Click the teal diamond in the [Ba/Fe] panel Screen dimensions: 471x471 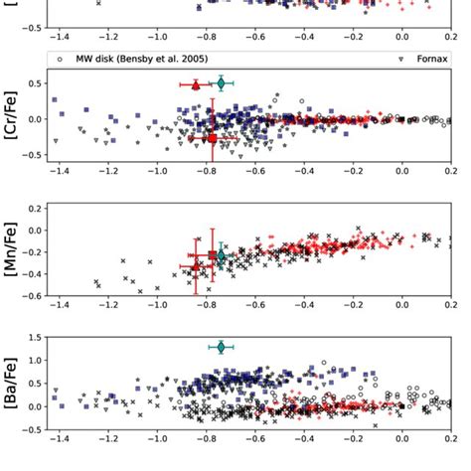(222, 347)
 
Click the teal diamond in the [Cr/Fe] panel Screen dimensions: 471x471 (221, 83)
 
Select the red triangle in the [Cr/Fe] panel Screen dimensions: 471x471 (195, 85)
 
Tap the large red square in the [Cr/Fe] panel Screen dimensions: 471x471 (211, 138)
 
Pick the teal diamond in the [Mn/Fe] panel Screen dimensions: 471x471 (221, 255)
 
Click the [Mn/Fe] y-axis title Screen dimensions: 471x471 (13, 250)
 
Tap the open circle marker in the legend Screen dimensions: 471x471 (62, 59)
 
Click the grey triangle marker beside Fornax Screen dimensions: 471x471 (400, 59)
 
